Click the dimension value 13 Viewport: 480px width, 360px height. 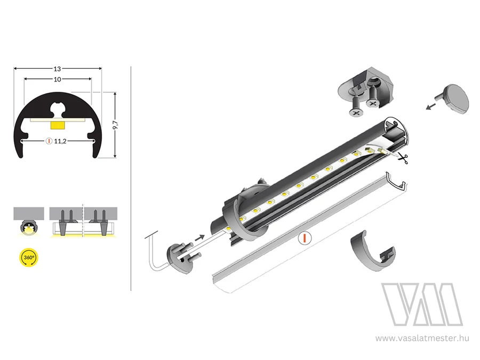pyautogui.click(x=57, y=69)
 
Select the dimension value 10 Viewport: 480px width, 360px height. pyautogui.click(x=57, y=79)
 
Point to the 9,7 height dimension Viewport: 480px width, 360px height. pyautogui.click(x=115, y=125)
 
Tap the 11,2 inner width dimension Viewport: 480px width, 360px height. pyautogui.click(x=60, y=141)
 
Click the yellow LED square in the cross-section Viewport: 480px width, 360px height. pyautogui.click(x=57, y=125)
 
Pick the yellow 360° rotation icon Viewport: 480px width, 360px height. pyautogui.click(x=29, y=258)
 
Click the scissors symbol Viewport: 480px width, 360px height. pyautogui.click(x=403, y=158)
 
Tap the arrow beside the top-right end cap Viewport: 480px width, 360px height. pyautogui.click(x=431, y=106)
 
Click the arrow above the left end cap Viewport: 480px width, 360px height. pyautogui.click(x=199, y=237)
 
